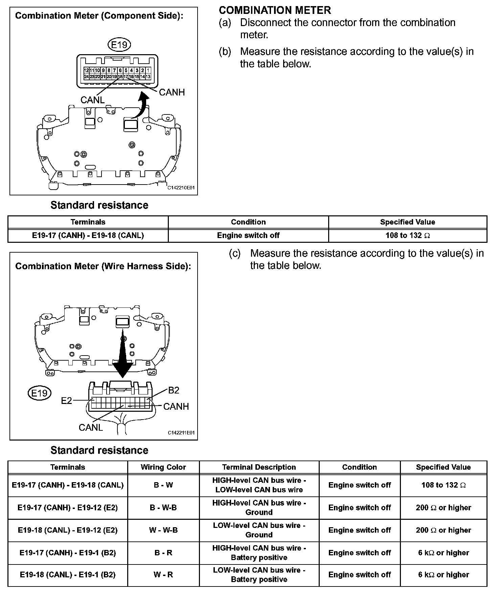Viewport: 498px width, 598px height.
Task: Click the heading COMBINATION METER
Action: (x=275, y=10)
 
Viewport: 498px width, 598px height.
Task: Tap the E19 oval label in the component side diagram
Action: (x=119, y=44)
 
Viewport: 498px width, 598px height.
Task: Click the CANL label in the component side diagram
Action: (x=92, y=100)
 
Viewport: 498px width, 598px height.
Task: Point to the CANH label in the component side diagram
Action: (x=172, y=92)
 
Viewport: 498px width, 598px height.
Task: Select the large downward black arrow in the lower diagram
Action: (x=122, y=359)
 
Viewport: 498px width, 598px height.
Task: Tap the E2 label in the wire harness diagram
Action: (x=66, y=401)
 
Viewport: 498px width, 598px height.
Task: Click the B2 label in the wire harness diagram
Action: (x=174, y=390)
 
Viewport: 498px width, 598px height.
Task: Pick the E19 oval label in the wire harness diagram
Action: (x=40, y=393)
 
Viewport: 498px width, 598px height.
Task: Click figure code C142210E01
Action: (x=181, y=188)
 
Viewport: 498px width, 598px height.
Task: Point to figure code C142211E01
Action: (x=181, y=433)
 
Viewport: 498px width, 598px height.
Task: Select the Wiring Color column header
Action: (x=163, y=467)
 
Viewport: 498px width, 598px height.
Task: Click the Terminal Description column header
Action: (x=259, y=467)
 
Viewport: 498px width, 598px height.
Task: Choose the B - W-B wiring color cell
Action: (x=163, y=508)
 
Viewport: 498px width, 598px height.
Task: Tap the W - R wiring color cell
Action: (x=163, y=575)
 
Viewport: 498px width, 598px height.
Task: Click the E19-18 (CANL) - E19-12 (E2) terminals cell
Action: (x=68, y=530)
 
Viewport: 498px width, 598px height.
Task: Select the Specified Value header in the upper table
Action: (x=407, y=222)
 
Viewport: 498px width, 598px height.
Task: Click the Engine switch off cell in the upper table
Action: (x=248, y=235)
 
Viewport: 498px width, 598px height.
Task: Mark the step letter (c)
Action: (x=235, y=254)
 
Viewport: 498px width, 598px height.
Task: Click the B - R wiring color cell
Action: (x=163, y=553)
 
